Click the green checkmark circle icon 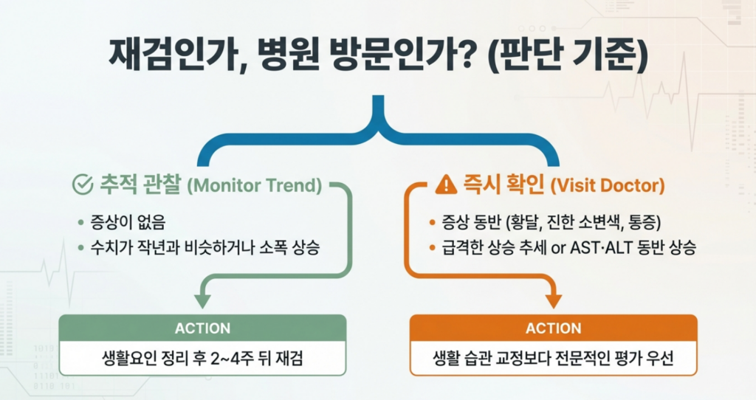(x=82, y=185)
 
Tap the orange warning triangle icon (x=446, y=185)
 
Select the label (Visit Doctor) (x=608, y=185)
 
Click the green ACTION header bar (x=202, y=328)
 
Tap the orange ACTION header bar (x=553, y=328)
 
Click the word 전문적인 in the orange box (x=576, y=360)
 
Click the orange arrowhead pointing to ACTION (x=553, y=301)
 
